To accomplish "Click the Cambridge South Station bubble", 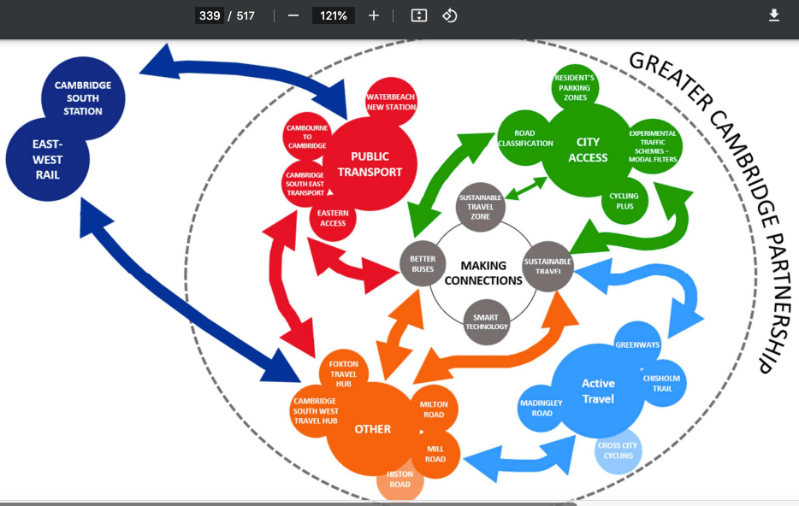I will (83, 97).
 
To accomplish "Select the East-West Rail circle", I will (48, 159).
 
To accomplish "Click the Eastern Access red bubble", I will (333, 217).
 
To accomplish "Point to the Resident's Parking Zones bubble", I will (574, 87).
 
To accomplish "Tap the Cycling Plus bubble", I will (624, 202).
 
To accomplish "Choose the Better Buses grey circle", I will (423, 264).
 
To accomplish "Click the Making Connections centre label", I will (483, 273).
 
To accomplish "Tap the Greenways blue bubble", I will (638, 345).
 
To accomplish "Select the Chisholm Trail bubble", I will (662, 383).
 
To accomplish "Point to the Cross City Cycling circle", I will (618, 450).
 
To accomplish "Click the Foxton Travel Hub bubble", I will (343, 373).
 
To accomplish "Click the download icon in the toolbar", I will (774, 15).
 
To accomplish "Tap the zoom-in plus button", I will (374, 15).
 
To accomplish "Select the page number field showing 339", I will (209, 15).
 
